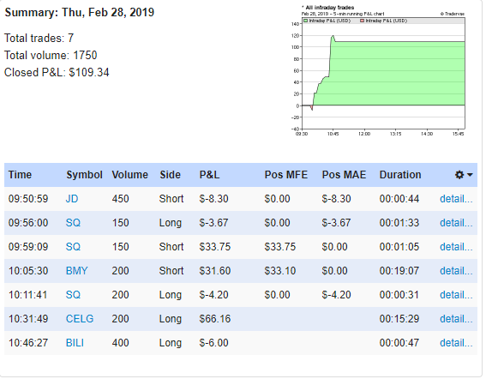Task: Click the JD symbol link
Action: tap(72, 198)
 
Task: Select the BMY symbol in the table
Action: tap(77, 271)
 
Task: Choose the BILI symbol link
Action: tap(76, 343)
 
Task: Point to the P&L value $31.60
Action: tap(216, 271)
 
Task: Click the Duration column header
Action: tap(400, 174)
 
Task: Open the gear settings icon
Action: tap(461, 174)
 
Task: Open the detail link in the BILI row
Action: tap(455, 343)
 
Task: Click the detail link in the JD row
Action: tap(455, 198)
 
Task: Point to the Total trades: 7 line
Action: tap(39, 39)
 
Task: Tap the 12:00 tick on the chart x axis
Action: tap(364, 134)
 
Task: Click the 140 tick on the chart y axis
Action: tap(293, 24)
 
